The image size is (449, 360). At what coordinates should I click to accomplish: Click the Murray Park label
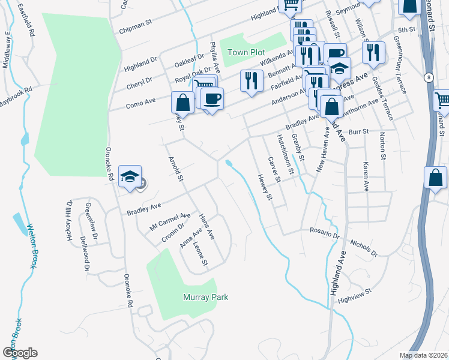(205, 297)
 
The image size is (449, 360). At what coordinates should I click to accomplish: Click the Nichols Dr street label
(363, 249)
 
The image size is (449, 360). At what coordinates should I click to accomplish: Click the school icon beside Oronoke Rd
(130, 177)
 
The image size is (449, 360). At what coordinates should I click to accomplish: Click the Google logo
(20, 353)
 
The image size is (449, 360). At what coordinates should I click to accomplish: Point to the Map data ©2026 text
(423, 355)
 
